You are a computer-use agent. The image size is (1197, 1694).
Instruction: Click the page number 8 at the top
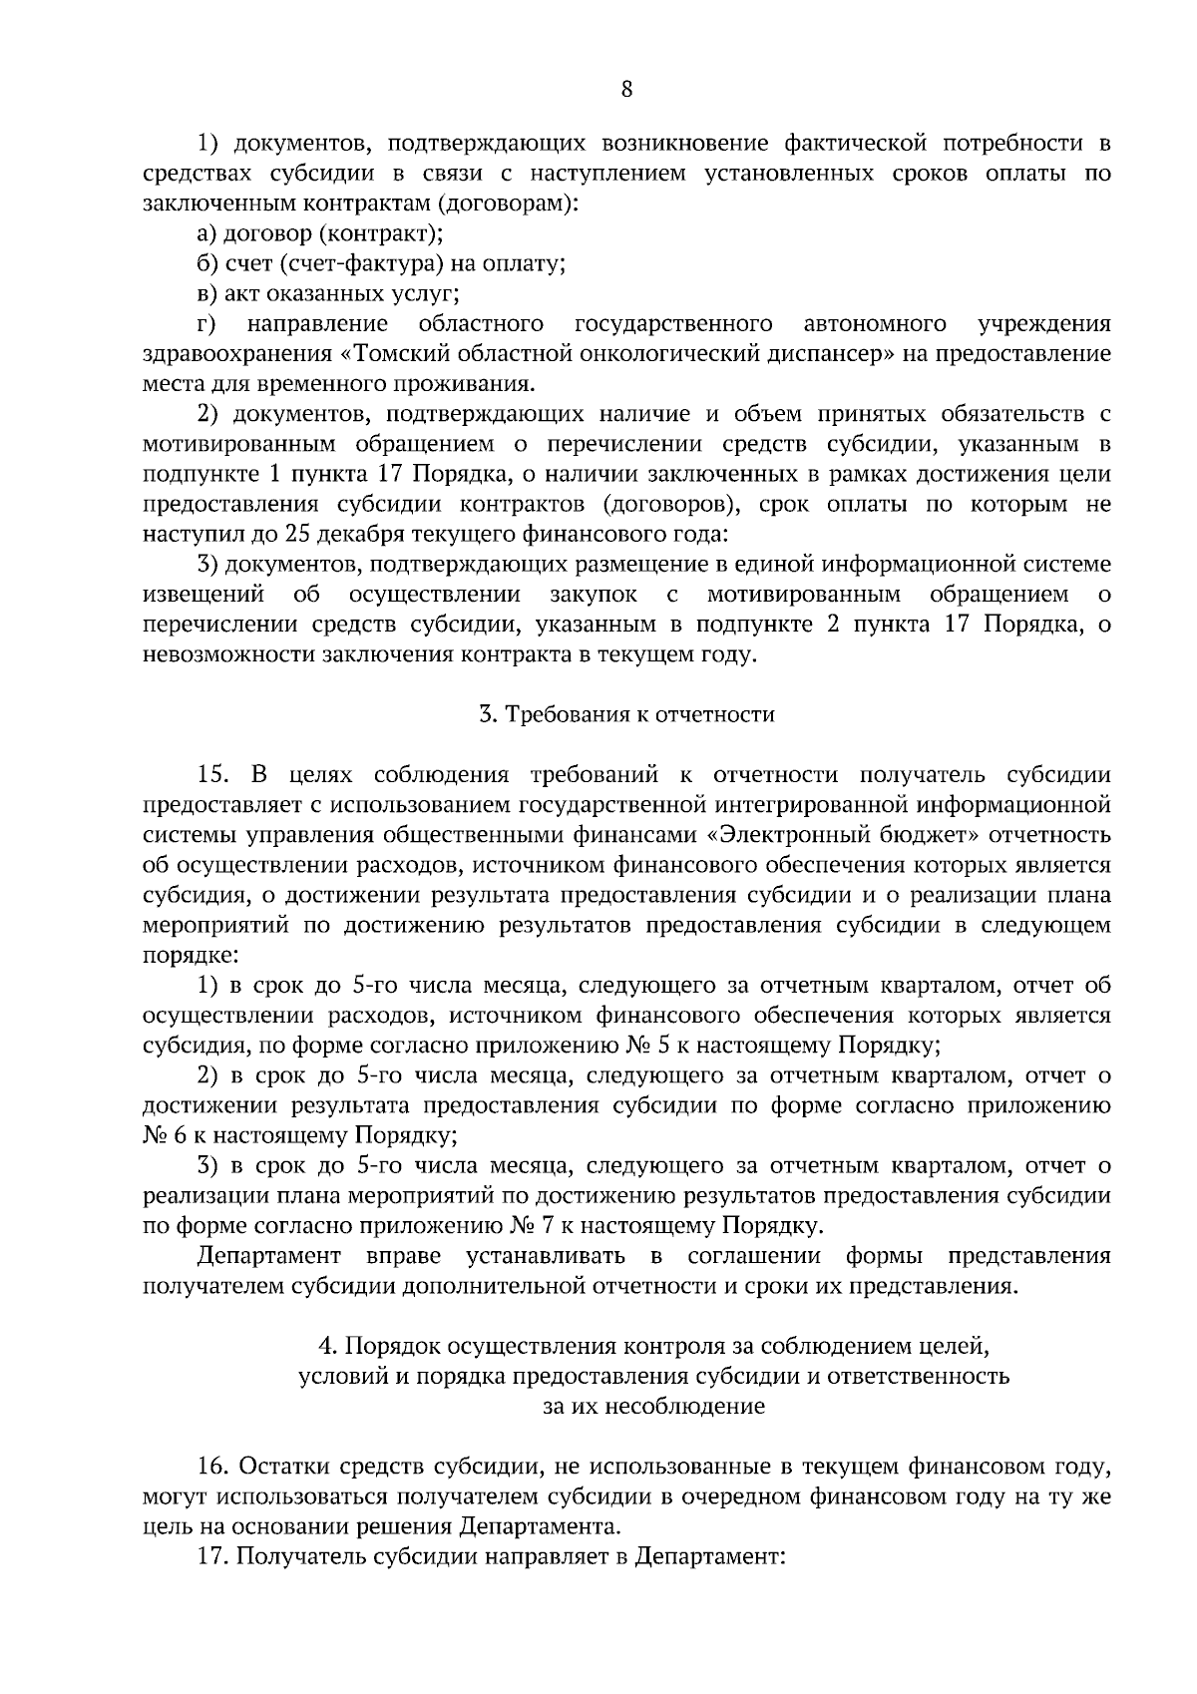pos(626,89)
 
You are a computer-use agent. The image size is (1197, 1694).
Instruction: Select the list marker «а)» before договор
pos(208,234)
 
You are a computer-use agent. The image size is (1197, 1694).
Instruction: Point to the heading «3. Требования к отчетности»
pos(626,715)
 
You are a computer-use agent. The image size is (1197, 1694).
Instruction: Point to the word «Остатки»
pos(282,1468)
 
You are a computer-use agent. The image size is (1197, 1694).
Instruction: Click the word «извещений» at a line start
pos(203,596)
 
